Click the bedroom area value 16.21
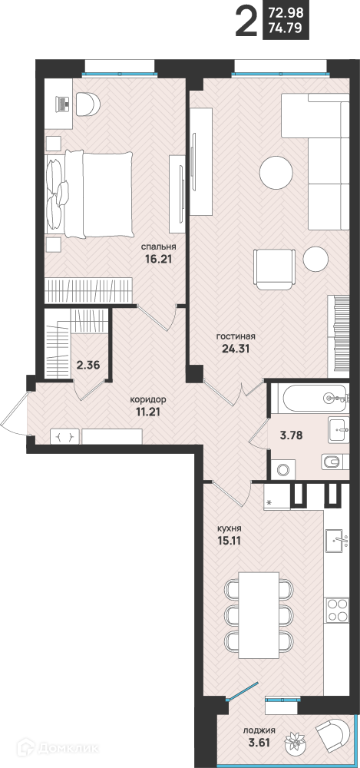(157, 259)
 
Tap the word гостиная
(236, 337)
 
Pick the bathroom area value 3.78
(290, 435)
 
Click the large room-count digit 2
(246, 21)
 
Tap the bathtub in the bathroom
(309, 399)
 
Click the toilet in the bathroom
(333, 462)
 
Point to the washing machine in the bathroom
(282, 470)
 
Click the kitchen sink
(337, 540)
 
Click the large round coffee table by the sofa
(276, 173)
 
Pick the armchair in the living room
(274, 270)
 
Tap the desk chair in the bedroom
(88, 104)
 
